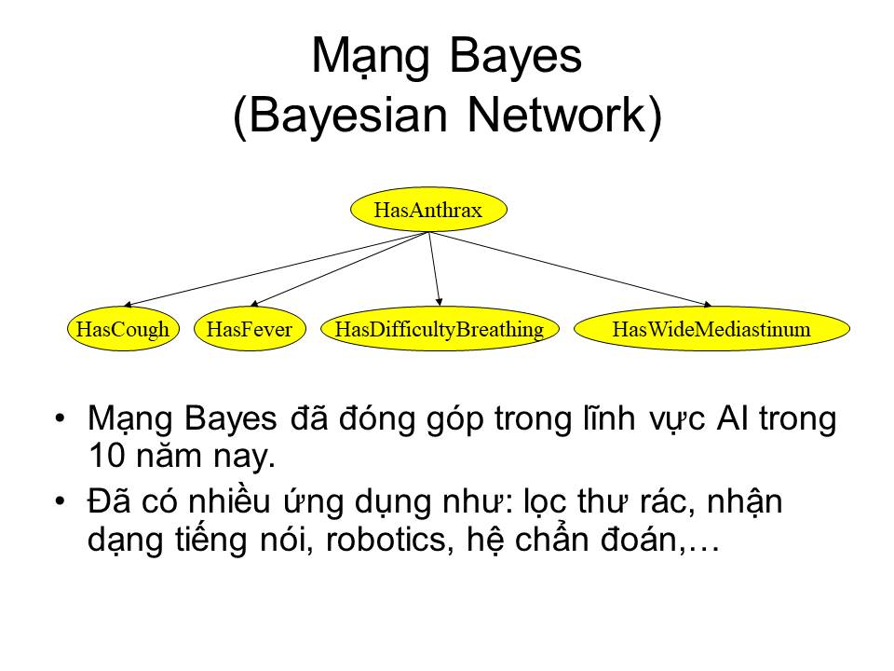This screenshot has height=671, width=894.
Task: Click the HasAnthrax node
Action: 428,210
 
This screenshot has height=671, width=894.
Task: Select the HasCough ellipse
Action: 123,329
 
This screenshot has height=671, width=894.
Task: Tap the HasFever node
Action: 250,329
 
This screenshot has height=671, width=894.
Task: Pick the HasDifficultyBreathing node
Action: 440,329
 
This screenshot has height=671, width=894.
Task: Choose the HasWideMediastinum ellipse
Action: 711,329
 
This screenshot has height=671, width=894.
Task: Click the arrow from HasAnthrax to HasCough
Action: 276,268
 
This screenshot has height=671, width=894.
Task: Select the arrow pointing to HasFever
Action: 340,268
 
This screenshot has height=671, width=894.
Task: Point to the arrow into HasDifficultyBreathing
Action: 435,268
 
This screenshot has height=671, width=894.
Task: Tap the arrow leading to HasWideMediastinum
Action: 570,268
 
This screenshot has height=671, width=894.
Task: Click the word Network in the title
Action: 557,116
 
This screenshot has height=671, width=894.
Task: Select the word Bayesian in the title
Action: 347,116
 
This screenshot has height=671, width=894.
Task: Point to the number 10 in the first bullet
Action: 106,456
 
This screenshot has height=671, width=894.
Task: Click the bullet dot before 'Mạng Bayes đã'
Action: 60,418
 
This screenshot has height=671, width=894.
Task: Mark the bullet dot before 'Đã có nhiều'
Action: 60,501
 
